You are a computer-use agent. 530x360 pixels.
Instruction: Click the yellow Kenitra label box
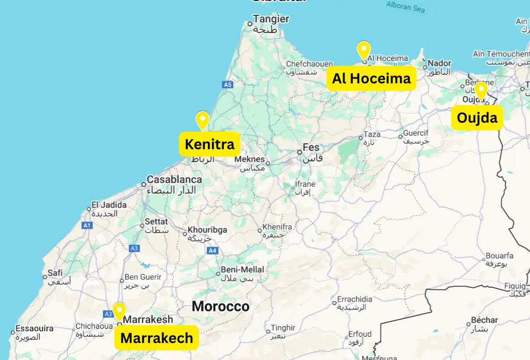coord(210,144)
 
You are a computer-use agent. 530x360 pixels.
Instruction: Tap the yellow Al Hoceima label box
coord(371,79)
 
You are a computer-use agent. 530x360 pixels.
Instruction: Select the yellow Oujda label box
coord(477,117)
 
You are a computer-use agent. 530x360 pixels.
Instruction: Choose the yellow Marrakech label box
coord(157,338)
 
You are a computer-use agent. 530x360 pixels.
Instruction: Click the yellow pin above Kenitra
coord(202,120)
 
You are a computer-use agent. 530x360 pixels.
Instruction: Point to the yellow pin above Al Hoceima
coord(363,50)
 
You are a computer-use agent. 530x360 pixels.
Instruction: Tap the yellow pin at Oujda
coord(481,90)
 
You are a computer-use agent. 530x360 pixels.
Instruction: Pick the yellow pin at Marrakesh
coord(119,311)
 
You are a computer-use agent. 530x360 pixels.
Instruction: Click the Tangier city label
coord(271,19)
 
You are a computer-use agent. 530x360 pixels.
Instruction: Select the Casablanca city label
coord(174,179)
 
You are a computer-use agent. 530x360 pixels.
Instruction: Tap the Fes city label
coord(311,147)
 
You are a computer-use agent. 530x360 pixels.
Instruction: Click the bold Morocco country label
coord(220,306)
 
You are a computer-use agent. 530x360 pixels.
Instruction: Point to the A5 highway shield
coord(228,84)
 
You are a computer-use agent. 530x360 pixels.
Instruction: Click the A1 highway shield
coord(87,226)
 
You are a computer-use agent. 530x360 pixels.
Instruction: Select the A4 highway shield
coord(212,250)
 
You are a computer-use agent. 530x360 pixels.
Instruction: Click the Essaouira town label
coord(34,329)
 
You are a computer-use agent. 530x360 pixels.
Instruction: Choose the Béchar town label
coord(484,320)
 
